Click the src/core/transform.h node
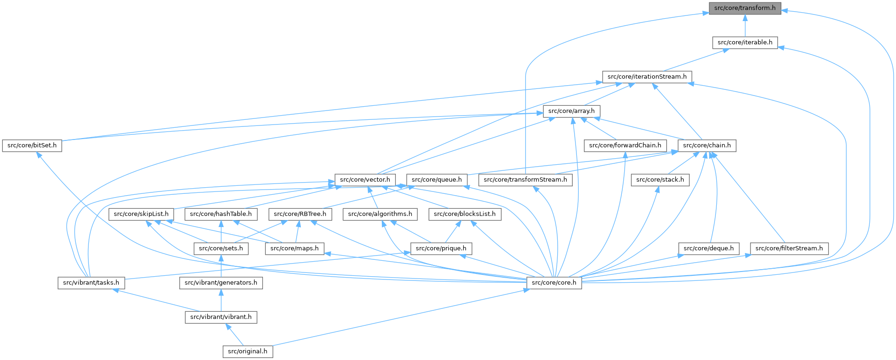coord(745,8)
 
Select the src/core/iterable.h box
coord(745,42)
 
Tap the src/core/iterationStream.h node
coord(647,76)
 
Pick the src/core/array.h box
coord(571,111)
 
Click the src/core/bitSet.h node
coord(32,145)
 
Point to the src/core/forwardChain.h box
coord(625,145)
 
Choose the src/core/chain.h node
coord(707,145)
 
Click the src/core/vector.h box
coord(365,180)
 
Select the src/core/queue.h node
coord(437,180)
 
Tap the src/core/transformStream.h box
coord(525,180)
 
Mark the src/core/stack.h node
coord(660,180)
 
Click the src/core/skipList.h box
coord(141,214)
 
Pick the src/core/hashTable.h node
coord(221,214)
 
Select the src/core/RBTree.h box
coord(300,214)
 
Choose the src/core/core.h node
coord(554,283)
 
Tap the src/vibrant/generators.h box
coord(221,283)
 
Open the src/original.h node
coord(248,351)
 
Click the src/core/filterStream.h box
coord(789,248)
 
